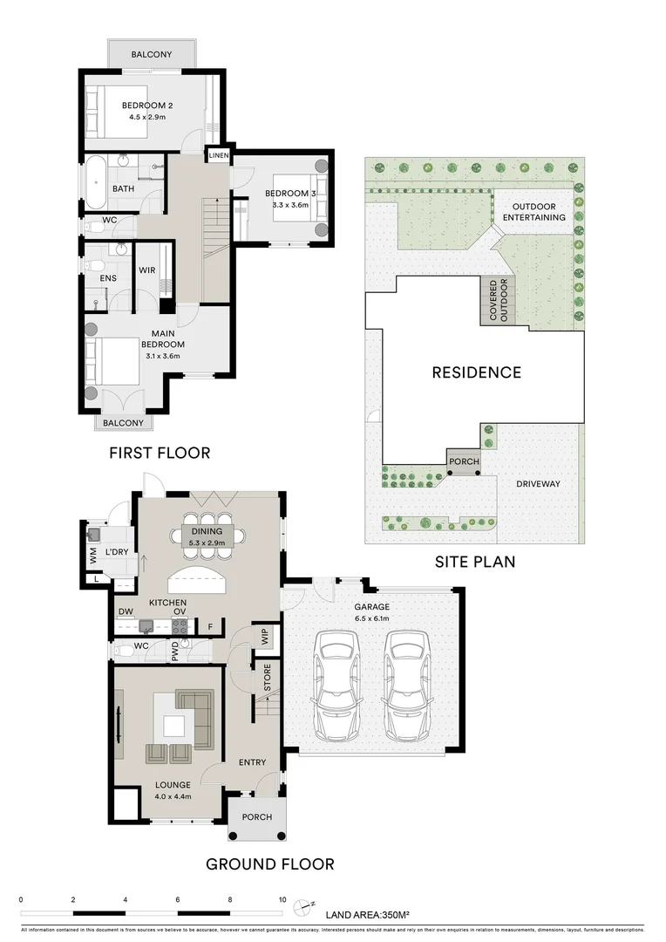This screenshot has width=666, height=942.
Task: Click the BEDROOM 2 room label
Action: point(146,105)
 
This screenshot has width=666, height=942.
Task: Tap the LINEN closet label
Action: point(217,155)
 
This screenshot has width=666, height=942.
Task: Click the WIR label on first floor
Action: point(147,270)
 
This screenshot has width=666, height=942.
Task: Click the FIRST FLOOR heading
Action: point(160,453)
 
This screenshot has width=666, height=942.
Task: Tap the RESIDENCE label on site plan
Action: point(476,372)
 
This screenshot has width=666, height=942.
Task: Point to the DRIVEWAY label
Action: point(537,484)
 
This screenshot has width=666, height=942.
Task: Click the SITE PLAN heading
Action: point(474,563)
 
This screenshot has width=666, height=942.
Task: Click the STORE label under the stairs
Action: point(268,677)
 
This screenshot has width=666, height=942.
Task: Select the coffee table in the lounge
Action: point(173,723)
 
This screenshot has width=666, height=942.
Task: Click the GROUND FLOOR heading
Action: point(269,864)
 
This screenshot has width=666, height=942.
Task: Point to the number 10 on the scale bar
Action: point(282,899)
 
